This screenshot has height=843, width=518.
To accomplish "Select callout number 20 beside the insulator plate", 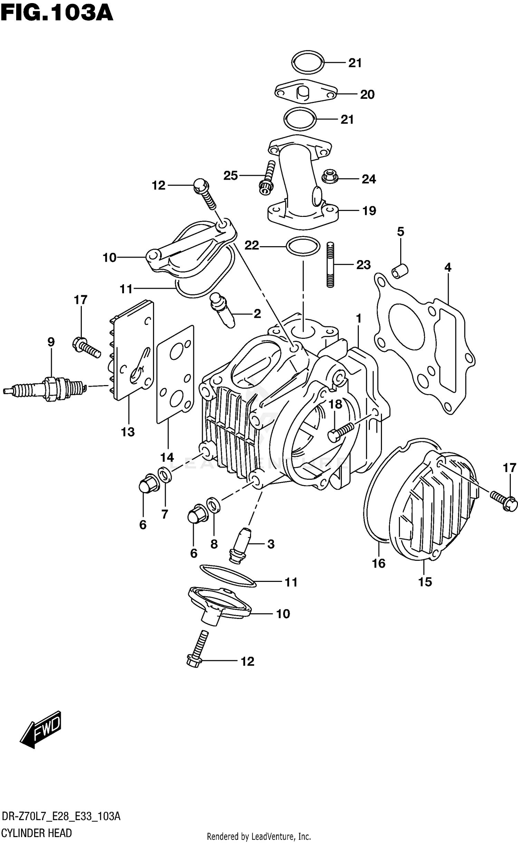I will click(x=367, y=95).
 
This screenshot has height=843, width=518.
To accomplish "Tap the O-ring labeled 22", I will click(x=303, y=246).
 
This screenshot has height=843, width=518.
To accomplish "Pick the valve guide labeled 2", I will click(x=222, y=309).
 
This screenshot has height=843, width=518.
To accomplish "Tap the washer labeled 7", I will click(x=165, y=475).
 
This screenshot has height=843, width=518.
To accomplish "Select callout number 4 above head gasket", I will click(x=448, y=267).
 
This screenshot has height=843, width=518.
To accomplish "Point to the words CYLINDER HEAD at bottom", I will click(x=37, y=833).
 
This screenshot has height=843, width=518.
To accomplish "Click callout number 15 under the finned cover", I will click(x=425, y=582).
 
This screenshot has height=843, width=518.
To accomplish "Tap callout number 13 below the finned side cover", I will click(x=127, y=432).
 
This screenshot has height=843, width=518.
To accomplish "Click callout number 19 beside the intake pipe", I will click(x=369, y=211).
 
